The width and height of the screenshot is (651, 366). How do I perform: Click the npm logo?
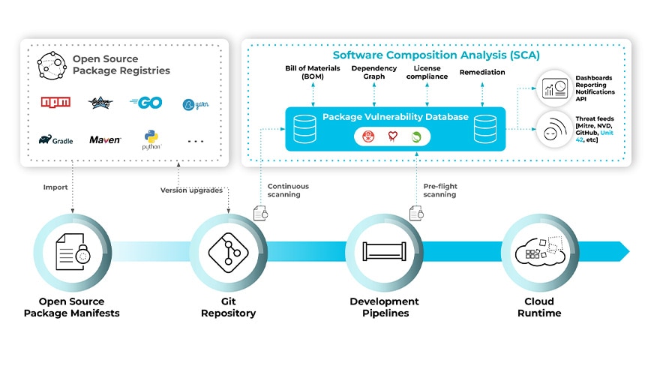point(55,103)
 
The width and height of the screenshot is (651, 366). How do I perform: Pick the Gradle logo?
point(55,139)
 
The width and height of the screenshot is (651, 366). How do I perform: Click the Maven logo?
point(105,139)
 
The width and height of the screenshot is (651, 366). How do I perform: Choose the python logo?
point(151,139)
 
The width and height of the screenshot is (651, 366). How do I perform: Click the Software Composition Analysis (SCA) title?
point(436,55)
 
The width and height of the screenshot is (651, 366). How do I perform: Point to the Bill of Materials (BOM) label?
point(313,73)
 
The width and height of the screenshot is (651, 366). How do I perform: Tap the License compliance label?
point(427,73)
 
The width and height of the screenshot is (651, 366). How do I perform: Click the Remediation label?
point(481,73)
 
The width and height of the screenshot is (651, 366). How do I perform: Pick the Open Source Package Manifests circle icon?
point(75,252)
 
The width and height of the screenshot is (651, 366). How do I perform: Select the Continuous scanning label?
point(288,190)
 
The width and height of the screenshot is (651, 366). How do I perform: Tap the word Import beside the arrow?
point(55,187)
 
